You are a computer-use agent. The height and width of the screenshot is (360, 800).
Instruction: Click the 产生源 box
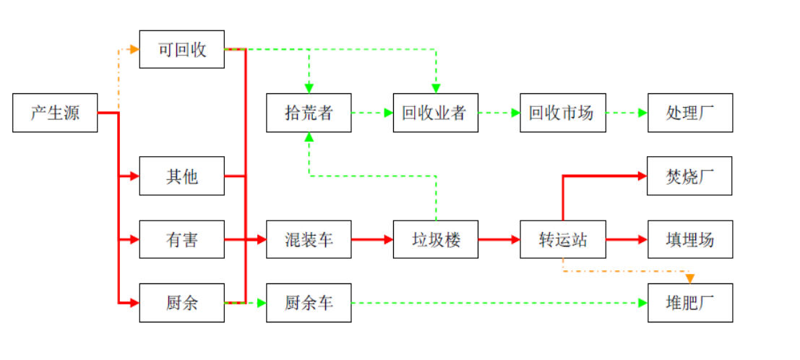coord(55,113)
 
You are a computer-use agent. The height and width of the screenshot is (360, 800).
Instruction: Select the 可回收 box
coord(182,49)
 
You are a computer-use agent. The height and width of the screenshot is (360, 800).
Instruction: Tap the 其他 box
coord(182,176)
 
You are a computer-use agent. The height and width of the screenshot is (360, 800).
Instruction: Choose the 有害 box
coord(182,239)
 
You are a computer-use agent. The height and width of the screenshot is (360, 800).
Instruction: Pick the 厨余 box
coord(182,302)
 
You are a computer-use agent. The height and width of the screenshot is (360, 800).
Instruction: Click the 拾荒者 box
coord(309,113)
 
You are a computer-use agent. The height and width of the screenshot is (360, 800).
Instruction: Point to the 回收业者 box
coord(435,113)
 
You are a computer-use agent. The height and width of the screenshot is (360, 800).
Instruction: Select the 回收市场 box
coord(562,113)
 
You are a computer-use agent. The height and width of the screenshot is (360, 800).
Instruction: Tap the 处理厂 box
coord(689,113)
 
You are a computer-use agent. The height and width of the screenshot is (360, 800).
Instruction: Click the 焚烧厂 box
coord(689,176)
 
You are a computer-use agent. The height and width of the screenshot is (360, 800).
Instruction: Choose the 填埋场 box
coord(689,239)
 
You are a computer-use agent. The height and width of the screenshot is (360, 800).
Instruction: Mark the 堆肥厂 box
coord(689,302)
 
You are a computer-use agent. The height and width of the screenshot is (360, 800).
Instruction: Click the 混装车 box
coord(309,239)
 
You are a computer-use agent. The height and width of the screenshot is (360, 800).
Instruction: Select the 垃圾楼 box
coord(435,239)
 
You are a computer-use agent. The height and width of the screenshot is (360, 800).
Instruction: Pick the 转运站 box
coord(562,239)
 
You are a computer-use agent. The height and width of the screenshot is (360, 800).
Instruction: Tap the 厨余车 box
coord(309,302)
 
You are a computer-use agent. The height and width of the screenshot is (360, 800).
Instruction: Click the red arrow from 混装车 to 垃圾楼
coord(372,239)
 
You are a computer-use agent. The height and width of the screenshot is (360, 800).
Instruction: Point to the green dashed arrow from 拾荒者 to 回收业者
coord(372,113)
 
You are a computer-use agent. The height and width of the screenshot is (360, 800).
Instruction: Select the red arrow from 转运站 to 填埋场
coord(626,239)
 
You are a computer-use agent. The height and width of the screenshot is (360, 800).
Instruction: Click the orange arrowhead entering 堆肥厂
coord(690,278)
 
